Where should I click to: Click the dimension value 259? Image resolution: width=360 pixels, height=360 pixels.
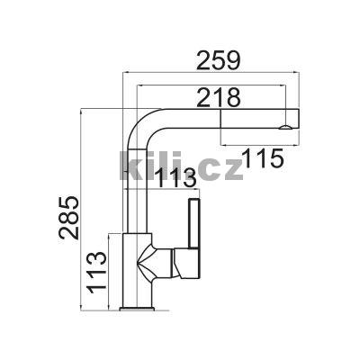219,60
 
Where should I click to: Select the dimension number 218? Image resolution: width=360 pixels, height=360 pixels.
219,97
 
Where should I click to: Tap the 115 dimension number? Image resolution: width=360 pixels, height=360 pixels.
263,158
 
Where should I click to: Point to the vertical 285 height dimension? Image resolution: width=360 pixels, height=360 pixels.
69,218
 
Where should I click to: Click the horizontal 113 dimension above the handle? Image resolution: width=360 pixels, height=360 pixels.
176,177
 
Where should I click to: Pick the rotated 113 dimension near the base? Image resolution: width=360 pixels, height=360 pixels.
96,270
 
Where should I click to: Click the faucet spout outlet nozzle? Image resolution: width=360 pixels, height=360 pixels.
284,128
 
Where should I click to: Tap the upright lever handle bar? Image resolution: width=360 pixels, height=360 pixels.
193,223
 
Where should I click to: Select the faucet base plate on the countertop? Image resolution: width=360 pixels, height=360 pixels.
137,309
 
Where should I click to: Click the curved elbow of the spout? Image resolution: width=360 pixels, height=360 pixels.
141,123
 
